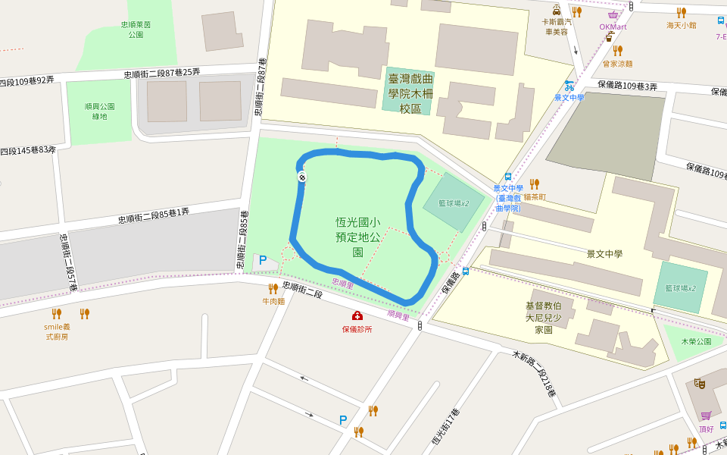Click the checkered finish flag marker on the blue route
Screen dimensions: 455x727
tap(302, 177)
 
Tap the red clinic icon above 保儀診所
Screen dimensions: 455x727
tap(357, 315)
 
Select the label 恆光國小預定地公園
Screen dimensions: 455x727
tap(357, 237)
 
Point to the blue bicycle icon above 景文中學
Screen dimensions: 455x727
tap(569, 86)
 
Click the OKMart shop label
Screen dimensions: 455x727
tap(613, 27)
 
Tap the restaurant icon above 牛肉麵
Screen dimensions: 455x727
tap(273, 288)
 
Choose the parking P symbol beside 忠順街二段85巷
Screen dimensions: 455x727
tap(263, 260)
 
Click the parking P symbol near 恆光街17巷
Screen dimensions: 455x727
tap(343, 419)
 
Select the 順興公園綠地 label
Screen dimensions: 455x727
tap(99, 111)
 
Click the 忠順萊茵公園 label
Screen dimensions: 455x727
tap(136, 30)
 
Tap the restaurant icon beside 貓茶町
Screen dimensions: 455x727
tap(534, 184)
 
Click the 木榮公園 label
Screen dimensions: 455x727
tap(696, 341)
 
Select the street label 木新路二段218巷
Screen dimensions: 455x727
tap(535, 373)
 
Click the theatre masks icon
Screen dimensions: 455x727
tap(700, 384)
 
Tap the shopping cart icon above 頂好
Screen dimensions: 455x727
tap(707, 416)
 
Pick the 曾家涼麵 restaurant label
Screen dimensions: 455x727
tap(617, 64)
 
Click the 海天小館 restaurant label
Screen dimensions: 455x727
tap(681, 25)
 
